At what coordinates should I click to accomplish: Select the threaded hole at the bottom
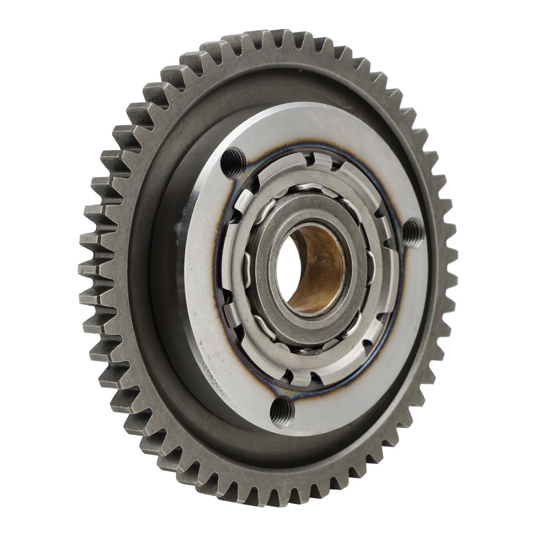[282, 411]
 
